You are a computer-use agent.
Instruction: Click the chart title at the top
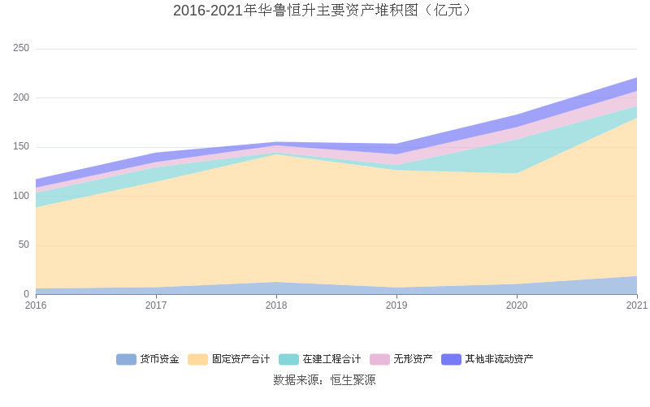pyautogui.click(x=324, y=11)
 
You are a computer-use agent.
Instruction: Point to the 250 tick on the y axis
pyautogui.click(x=21, y=49)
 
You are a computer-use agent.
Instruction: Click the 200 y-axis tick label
pyautogui.click(x=21, y=97)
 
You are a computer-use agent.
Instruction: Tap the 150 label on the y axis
pyautogui.click(x=21, y=147)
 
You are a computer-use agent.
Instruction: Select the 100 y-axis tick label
pyautogui.click(x=21, y=196)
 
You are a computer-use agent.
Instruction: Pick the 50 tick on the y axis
pyautogui.click(x=24, y=245)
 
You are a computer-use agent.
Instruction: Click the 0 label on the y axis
pyautogui.click(x=26, y=294)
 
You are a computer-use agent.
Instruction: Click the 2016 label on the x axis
pyautogui.click(x=36, y=305)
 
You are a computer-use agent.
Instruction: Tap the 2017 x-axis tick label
pyautogui.click(x=156, y=305)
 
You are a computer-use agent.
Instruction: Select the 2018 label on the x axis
pyautogui.click(x=276, y=305)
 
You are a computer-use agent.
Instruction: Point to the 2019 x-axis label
pyautogui.click(x=396, y=305)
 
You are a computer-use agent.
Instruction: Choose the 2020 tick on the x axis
pyautogui.click(x=517, y=305)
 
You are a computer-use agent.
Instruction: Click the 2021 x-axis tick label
pyautogui.click(x=636, y=305)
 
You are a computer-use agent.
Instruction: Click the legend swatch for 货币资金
pyautogui.click(x=126, y=359)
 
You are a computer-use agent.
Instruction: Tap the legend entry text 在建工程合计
pyautogui.click(x=331, y=359)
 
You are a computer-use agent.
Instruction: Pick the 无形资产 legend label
pyautogui.click(x=413, y=359)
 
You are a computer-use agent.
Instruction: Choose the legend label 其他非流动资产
pyautogui.click(x=499, y=359)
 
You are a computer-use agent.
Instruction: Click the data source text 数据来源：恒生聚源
pyautogui.click(x=324, y=379)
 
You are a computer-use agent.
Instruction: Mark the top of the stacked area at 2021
pyautogui.click(x=637, y=78)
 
